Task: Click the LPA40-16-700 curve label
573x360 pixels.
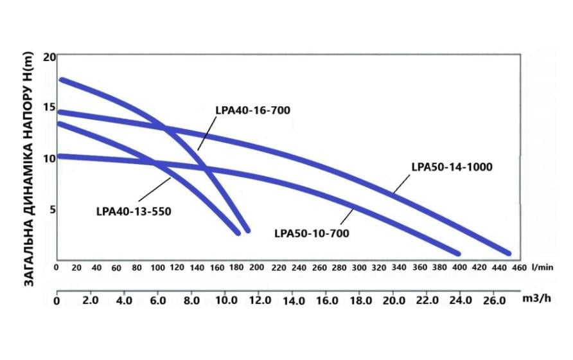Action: (253, 110)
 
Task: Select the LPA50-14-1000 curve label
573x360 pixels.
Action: (451, 167)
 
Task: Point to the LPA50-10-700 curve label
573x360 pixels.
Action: (312, 233)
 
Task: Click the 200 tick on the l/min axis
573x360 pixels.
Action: (257, 267)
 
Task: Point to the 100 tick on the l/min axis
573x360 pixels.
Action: (157, 267)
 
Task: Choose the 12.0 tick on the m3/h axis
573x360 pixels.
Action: (258, 301)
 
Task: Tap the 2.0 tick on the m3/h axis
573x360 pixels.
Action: (90, 301)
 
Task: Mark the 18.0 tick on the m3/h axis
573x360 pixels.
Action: (359, 301)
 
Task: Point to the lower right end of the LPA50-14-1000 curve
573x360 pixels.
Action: (507, 253)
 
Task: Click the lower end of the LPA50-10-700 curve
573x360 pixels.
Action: (457, 253)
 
